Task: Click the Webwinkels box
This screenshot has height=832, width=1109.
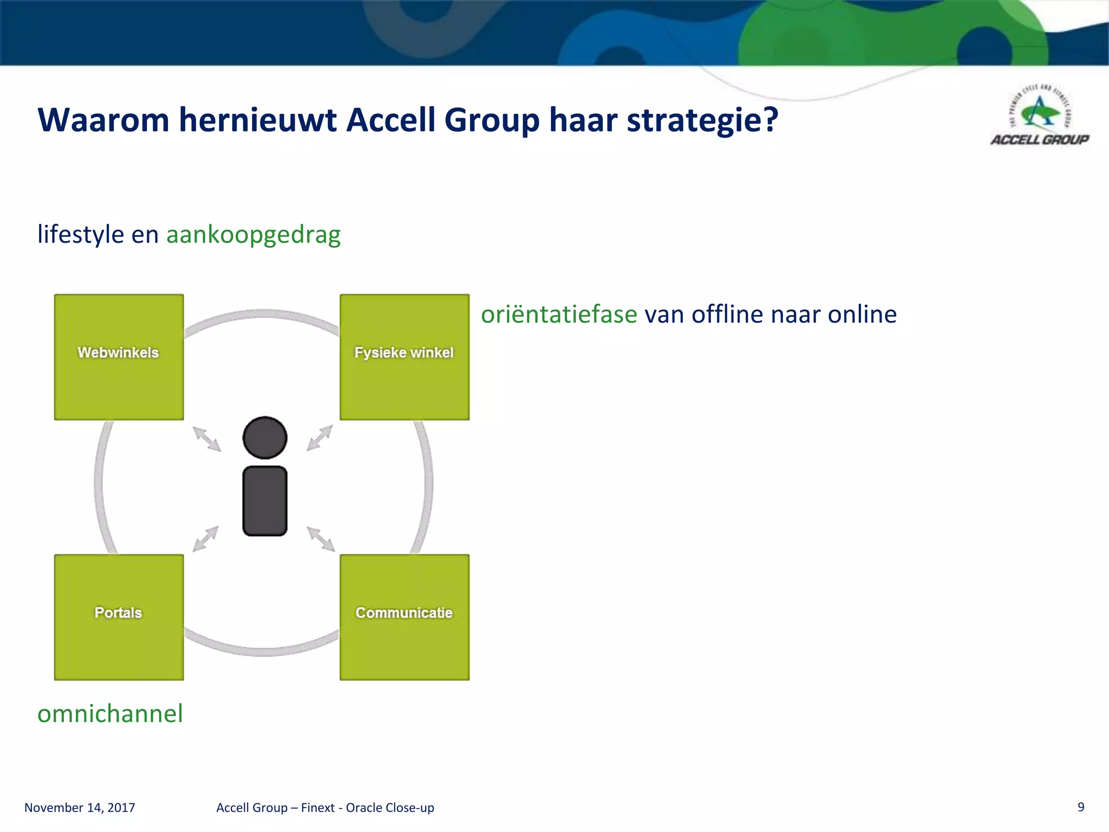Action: coord(119,357)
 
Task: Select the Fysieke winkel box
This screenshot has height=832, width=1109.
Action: coord(404,357)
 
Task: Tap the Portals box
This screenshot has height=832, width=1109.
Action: coord(119,617)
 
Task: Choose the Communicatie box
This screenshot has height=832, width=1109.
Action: coord(404,617)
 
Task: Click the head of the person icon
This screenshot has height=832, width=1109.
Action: coord(265,438)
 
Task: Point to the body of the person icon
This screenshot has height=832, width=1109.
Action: coord(265,501)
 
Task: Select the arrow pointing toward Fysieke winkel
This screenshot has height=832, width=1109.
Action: coord(319,438)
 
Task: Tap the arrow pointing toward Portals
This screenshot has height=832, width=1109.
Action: coord(206,538)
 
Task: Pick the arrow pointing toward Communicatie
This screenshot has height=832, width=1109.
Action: coord(321,539)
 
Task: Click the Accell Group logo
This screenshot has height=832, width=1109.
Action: coord(1039,116)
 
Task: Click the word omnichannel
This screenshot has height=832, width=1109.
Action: coord(110,713)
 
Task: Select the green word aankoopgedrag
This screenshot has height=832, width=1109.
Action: coord(253,235)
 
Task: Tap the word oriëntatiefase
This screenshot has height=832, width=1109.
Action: coord(559,314)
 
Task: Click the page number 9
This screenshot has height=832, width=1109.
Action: coord(1081,807)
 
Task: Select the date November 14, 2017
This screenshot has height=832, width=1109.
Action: coord(80,808)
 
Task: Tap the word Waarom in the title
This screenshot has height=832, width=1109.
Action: coord(103,120)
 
